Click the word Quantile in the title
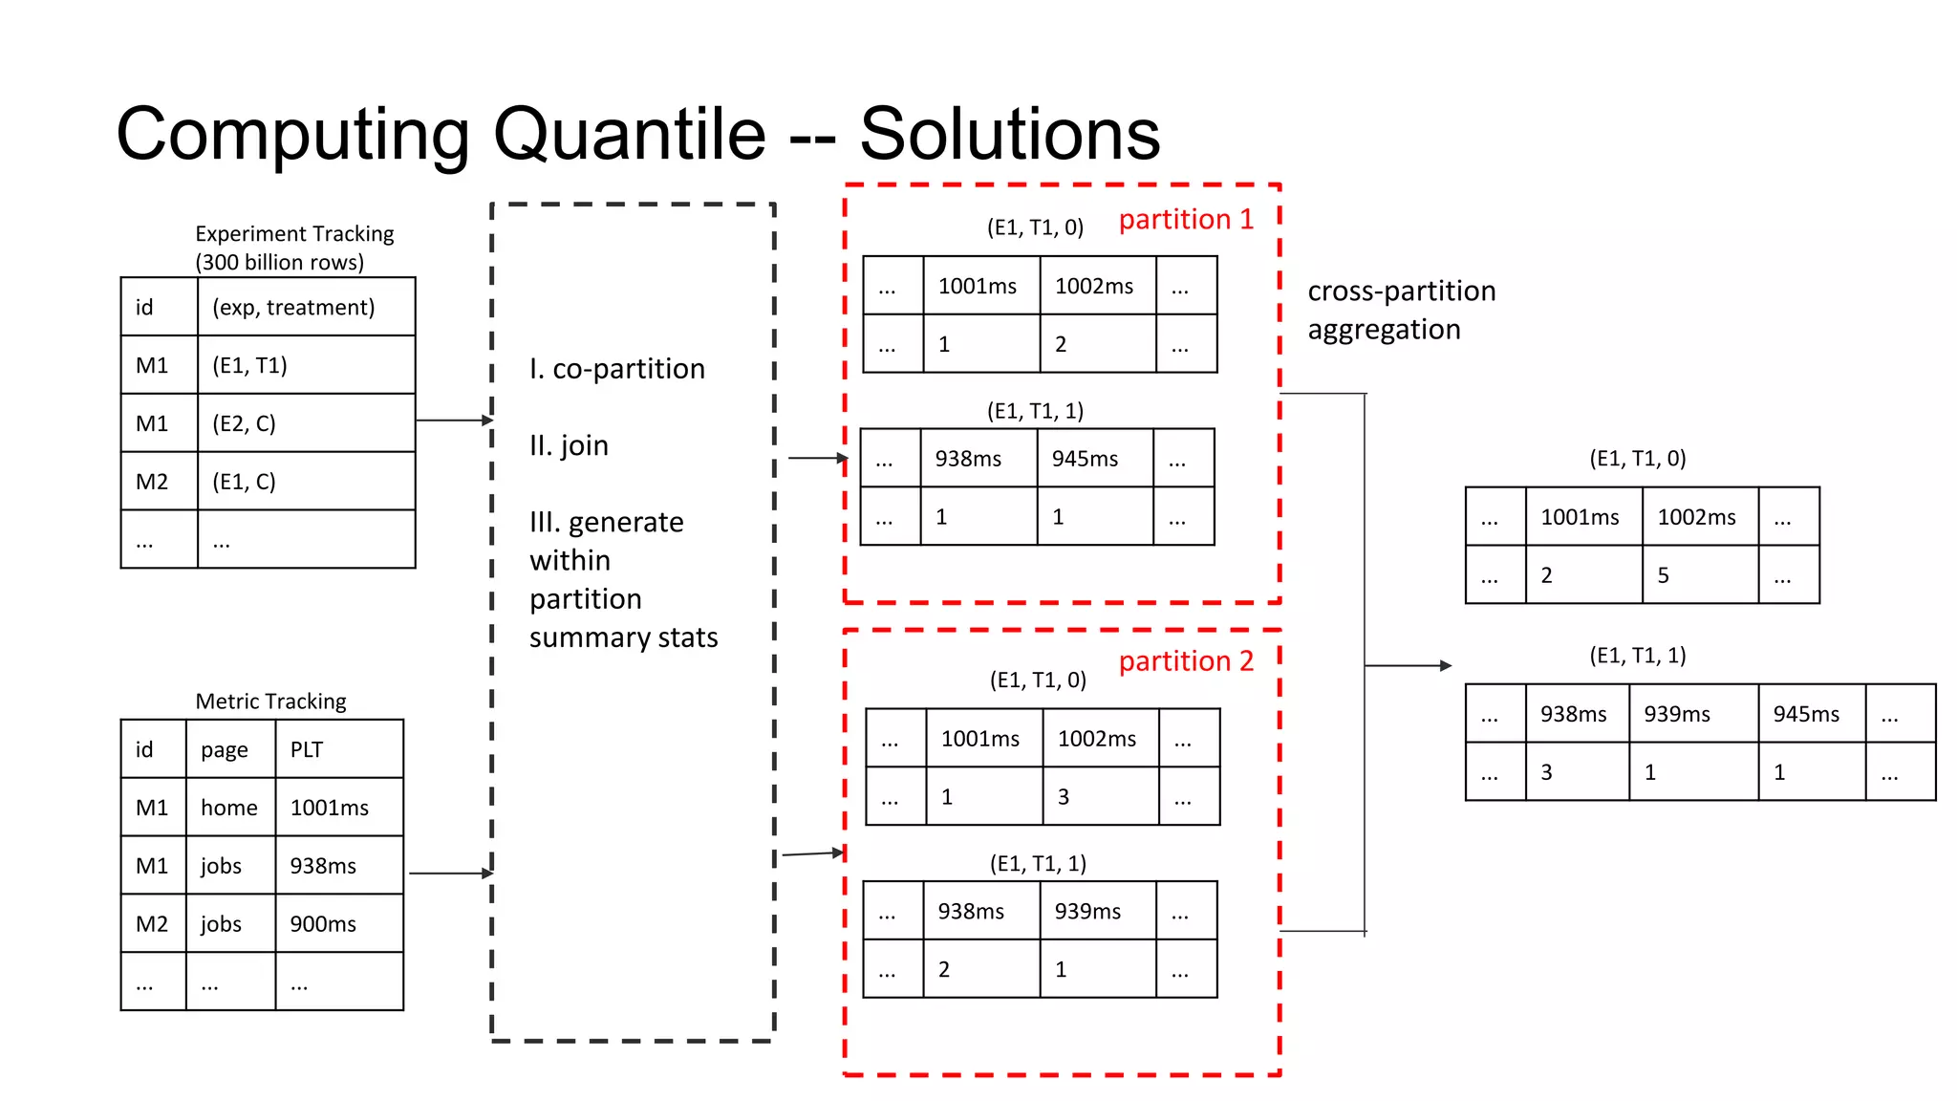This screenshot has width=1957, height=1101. [x=629, y=135]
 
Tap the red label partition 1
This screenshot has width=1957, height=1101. [x=1185, y=220]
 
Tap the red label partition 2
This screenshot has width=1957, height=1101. [x=1185, y=661]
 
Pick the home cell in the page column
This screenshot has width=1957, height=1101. [x=228, y=809]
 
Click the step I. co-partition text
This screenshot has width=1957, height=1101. [x=617, y=369]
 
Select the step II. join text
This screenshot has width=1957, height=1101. [x=569, y=445]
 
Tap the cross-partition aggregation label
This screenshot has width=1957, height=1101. [x=1400, y=310]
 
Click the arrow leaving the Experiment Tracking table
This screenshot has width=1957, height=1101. [x=455, y=421]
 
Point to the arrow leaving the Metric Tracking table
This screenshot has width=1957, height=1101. [x=450, y=874]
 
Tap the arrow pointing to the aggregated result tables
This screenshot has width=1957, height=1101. [x=1409, y=666]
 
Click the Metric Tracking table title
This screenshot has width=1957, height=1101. [x=270, y=702]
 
